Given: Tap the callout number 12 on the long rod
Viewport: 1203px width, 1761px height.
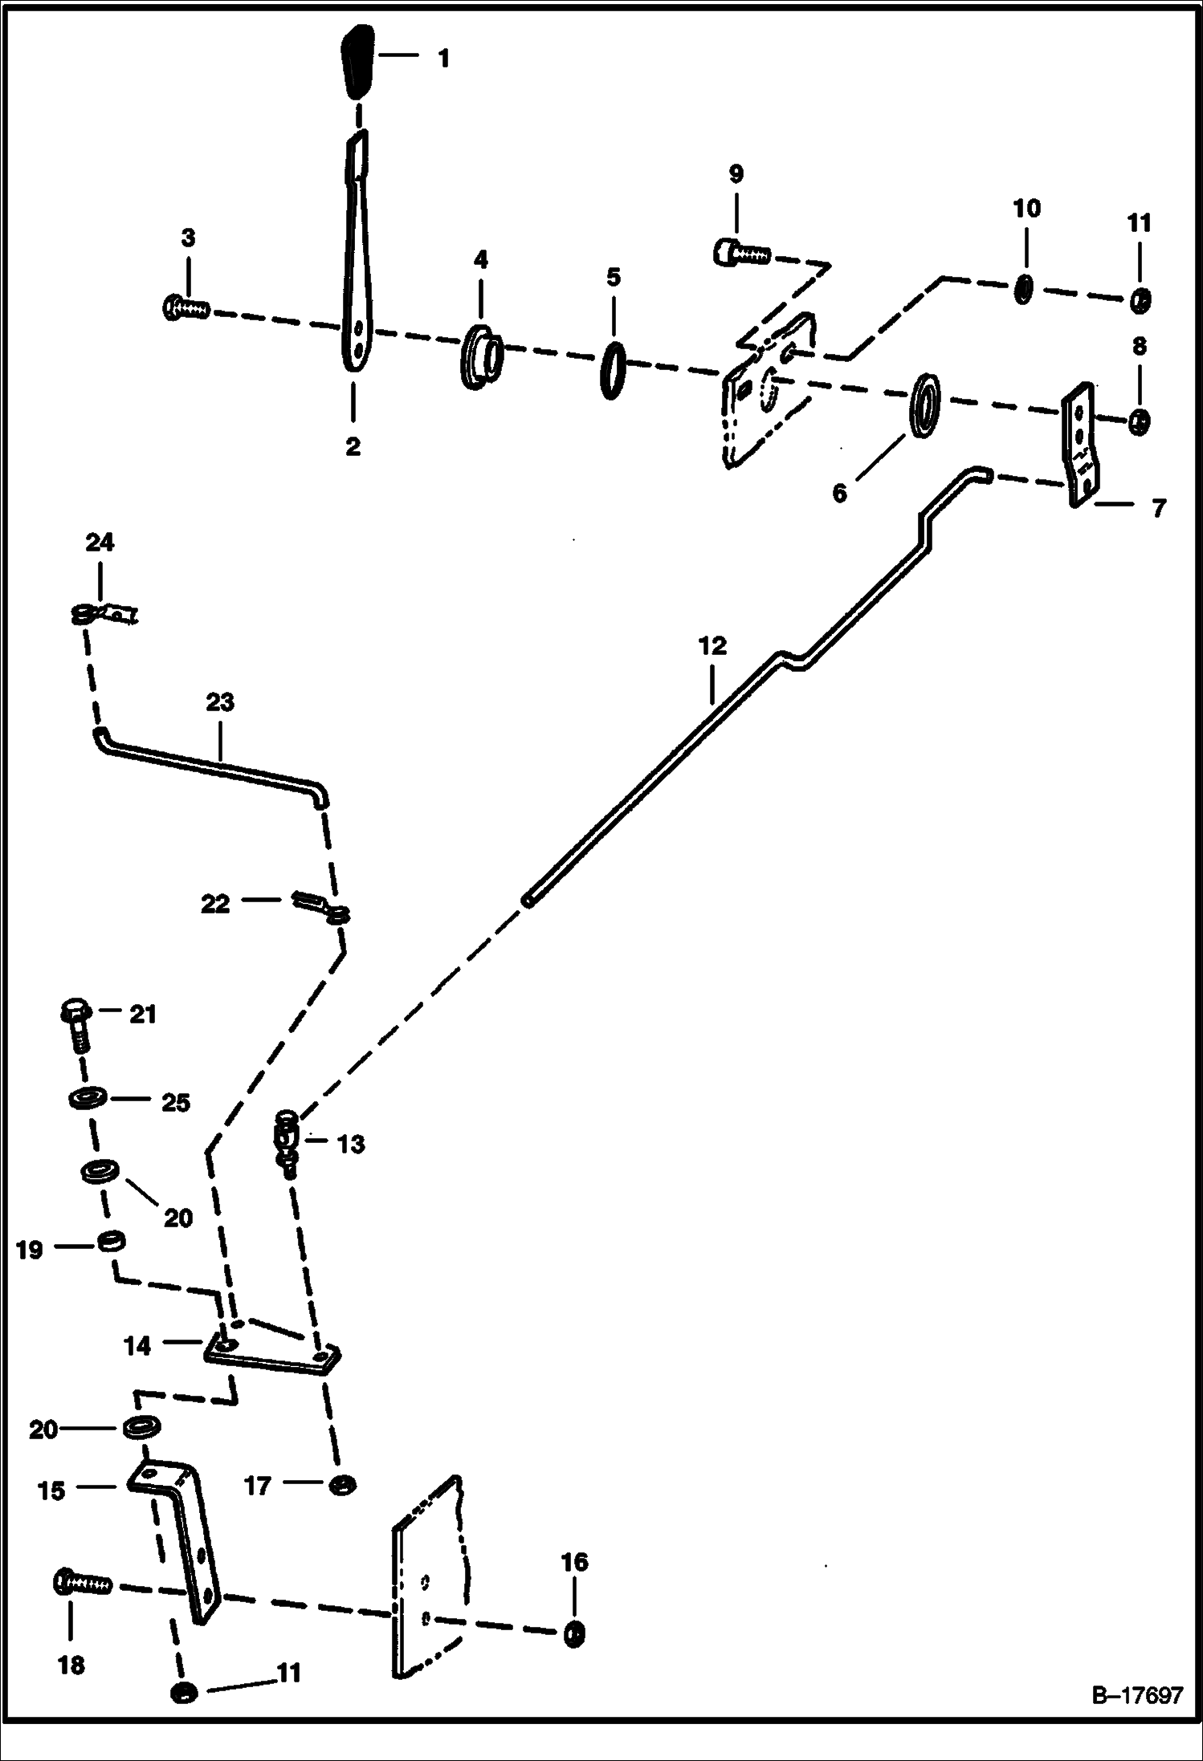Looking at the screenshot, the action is click(x=712, y=645).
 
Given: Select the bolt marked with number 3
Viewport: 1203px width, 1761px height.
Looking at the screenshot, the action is click(x=186, y=306).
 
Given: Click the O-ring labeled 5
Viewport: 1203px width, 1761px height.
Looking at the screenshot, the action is click(x=612, y=370).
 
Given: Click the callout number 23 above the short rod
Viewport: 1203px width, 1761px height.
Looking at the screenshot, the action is click(x=220, y=702).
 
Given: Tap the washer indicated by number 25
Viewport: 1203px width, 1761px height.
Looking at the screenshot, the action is click(x=86, y=1098).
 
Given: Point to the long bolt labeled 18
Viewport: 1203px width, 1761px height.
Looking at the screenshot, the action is click(x=84, y=1581).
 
